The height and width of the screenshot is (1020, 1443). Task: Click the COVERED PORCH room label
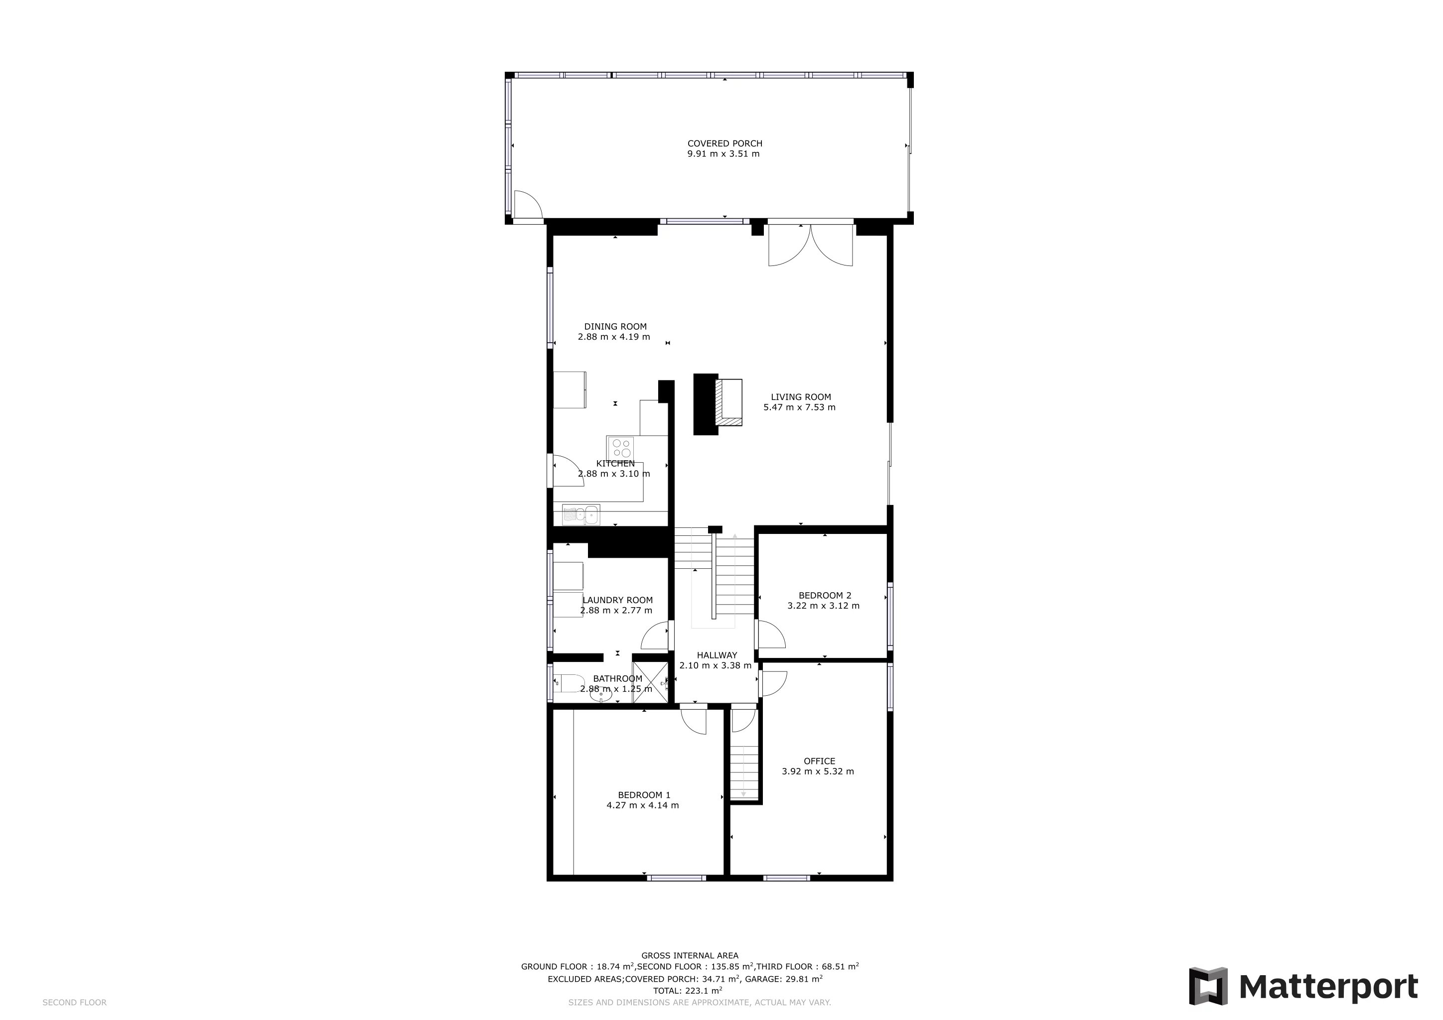click(724, 143)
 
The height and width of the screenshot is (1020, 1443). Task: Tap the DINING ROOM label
click(615, 327)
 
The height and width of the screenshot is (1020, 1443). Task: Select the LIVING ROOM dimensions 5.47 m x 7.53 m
click(799, 407)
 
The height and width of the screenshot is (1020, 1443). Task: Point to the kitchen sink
click(581, 515)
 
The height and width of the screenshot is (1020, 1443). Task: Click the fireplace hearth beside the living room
click(729, 402)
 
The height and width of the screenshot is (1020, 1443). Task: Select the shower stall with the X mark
click(650, 682)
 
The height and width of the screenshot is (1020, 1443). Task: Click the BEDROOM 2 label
click(825, 596)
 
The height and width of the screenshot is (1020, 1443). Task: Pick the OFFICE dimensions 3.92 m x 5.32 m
click(818, 771)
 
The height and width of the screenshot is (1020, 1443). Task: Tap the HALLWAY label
click(717, 655)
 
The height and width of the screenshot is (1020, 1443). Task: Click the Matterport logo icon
click(1208, 987)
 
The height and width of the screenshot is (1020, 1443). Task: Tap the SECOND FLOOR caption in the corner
click(74, 1003)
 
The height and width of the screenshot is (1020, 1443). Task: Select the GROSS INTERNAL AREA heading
click(690, 956)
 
